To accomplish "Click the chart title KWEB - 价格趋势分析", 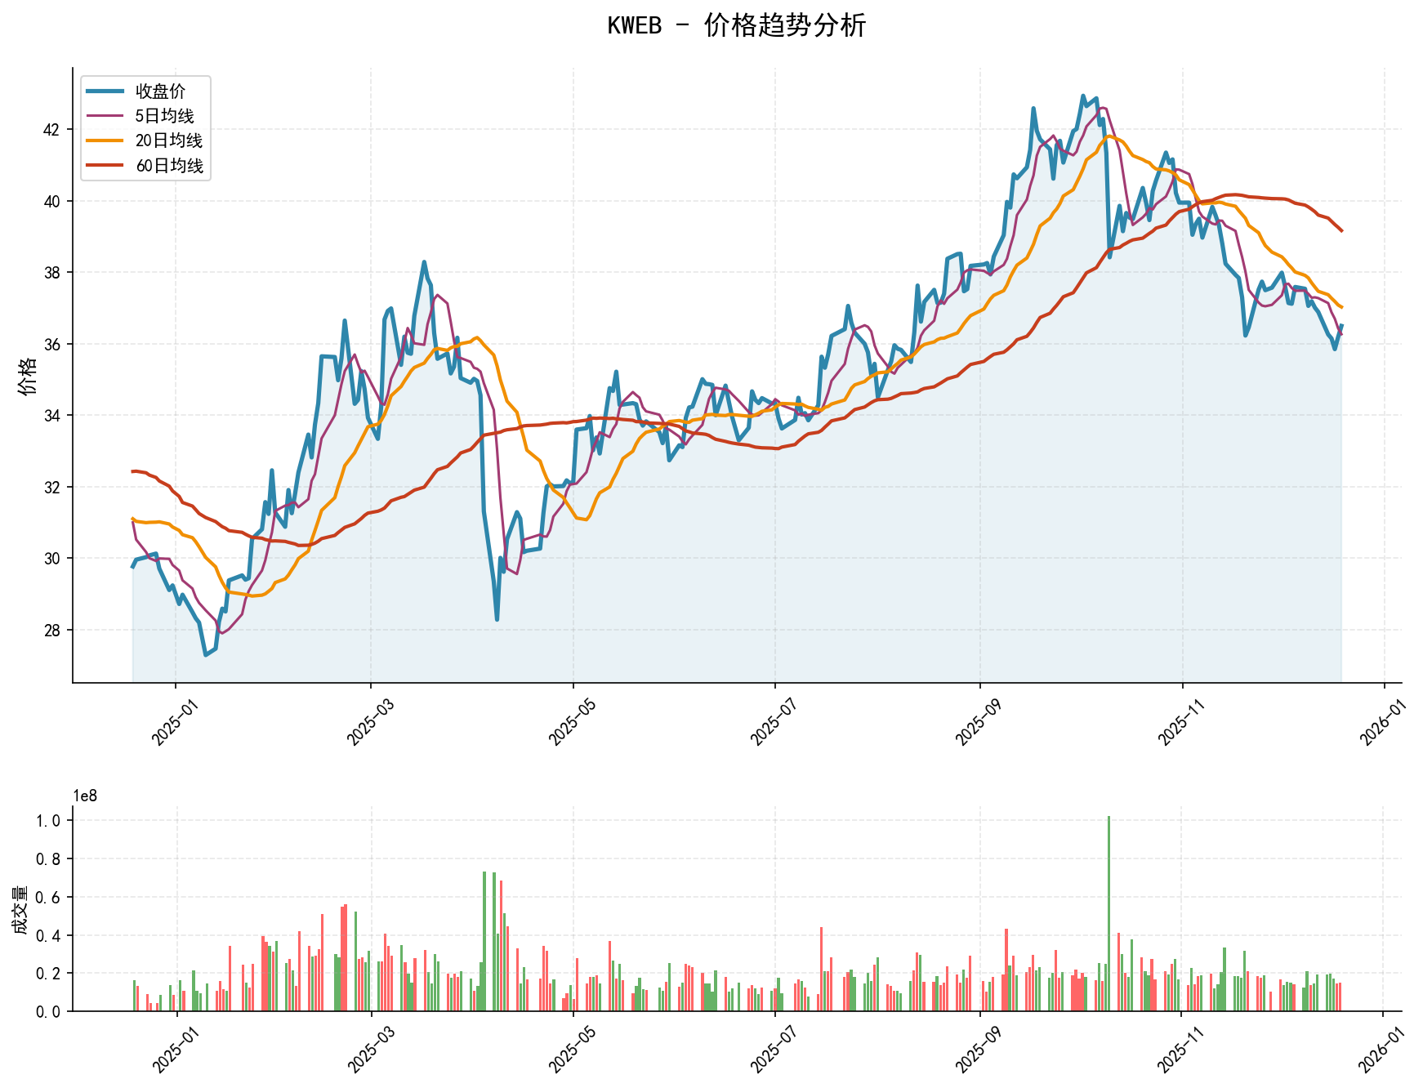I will pyautogui.click(x=736, y=25).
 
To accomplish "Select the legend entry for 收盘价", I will pyautogui.click(x=160, y=91).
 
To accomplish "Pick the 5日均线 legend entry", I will pyautogui.click(x=164, y=116).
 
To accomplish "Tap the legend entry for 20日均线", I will pyautogui.click(x=168, y=140).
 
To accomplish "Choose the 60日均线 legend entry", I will pyautogui.click(x=168, y=166).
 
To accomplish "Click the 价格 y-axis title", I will pyautogui.click(x=27, y=376).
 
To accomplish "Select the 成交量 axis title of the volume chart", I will pyautogui.click(x=20, y=909).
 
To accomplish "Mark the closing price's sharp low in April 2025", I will pyautogui.click(x=497, y=620).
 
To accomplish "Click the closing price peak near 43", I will pyautogui.click(x=1083, y=96).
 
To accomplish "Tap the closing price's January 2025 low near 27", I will pyautogui.click(x=206, y=655).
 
